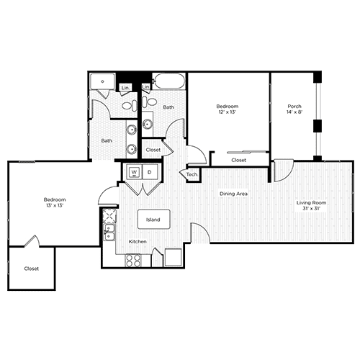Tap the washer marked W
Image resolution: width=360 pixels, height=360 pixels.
[134, 172]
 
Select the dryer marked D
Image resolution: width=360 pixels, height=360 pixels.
[150, 172]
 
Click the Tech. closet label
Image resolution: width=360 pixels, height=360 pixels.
[192, 175]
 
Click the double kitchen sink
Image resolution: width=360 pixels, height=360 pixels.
[109, 232]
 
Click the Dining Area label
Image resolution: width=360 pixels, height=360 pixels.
[233, 194]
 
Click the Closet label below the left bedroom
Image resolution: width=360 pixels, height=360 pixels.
[31, 269]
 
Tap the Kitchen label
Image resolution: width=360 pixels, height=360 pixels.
[138, 242]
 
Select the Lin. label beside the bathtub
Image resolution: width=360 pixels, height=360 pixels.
[146, 87]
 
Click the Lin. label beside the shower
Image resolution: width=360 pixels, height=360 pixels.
[125, 87]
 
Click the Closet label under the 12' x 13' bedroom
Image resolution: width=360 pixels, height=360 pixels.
[238, 160]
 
